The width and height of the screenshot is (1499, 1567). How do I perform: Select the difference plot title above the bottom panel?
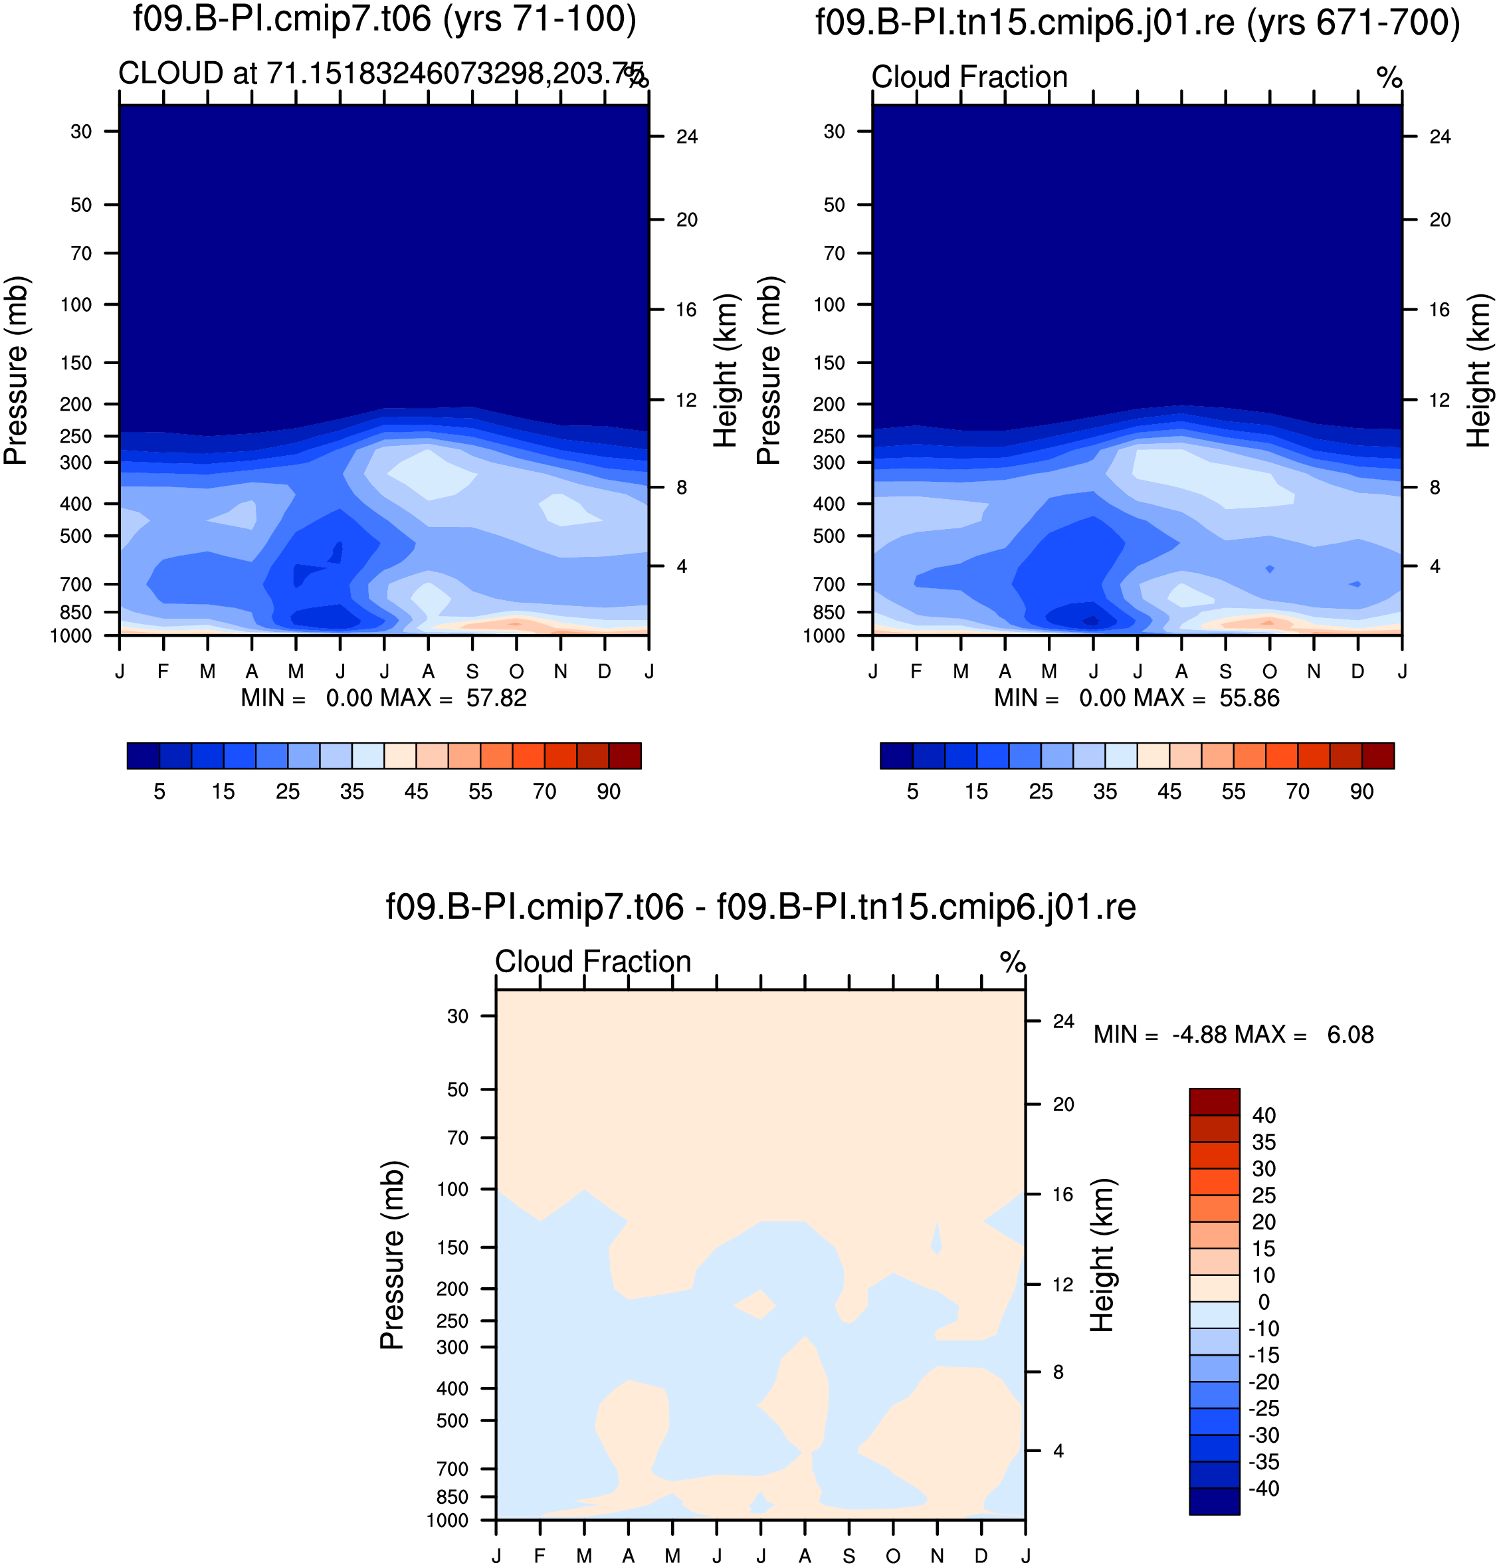point(761,907)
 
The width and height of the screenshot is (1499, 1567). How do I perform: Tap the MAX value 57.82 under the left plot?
point(496,698)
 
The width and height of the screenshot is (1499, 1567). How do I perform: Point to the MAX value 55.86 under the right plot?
point(1249,698)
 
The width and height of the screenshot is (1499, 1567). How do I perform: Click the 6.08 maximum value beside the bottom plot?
point(1350,1035)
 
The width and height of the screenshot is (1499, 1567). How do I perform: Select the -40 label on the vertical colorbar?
point(1263,1489)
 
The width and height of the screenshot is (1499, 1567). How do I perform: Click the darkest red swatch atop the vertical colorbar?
point(1214,1101)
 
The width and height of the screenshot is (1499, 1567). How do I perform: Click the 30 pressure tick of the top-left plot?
point(82,131)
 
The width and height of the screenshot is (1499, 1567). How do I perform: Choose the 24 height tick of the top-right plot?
point(1440,137)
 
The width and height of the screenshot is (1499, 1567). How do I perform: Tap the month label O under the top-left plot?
point(516,671)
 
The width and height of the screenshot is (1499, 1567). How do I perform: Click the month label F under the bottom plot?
point(540,1556)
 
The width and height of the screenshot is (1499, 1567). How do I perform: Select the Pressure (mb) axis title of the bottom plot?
point(392,1255)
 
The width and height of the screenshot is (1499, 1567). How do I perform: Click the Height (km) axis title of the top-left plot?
point(725,371)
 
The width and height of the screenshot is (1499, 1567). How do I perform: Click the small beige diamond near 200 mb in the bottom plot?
point(755,1304)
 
